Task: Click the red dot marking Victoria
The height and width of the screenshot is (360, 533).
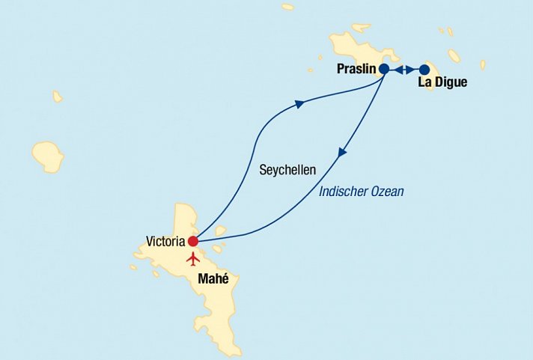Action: [x=192, y=241]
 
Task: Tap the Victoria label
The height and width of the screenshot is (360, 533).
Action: [x=166, y=242]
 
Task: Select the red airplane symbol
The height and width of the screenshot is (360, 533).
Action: [x=195, y=259]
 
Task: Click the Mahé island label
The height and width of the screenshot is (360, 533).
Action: [x=213, y=279]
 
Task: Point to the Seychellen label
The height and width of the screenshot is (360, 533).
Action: [x=287, y=170]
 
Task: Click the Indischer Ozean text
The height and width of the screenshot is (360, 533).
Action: [x=361, y=192]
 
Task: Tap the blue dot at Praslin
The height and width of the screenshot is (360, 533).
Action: [x=384, y=69]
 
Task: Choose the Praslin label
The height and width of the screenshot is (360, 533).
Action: [x=356, y=69]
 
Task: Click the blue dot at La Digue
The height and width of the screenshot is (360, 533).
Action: [x=424, y=70]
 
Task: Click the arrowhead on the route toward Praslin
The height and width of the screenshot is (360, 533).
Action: [x=300, y=104]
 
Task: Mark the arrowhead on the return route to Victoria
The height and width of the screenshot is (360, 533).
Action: [x=342, y=153]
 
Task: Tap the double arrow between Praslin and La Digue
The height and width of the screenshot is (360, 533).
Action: [x=404, y=70]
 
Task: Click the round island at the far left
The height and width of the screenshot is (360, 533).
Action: [x=47, y=156]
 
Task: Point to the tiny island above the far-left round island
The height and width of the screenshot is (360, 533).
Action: [x=57, y=97]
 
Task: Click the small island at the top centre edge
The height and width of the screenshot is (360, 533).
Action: [x=287, y=7]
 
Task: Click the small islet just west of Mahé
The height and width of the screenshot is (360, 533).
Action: [x=134, y=266]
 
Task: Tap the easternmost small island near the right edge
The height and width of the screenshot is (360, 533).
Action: [x=483, y=64]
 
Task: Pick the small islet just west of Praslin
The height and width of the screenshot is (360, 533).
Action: [x=311, y=70]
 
